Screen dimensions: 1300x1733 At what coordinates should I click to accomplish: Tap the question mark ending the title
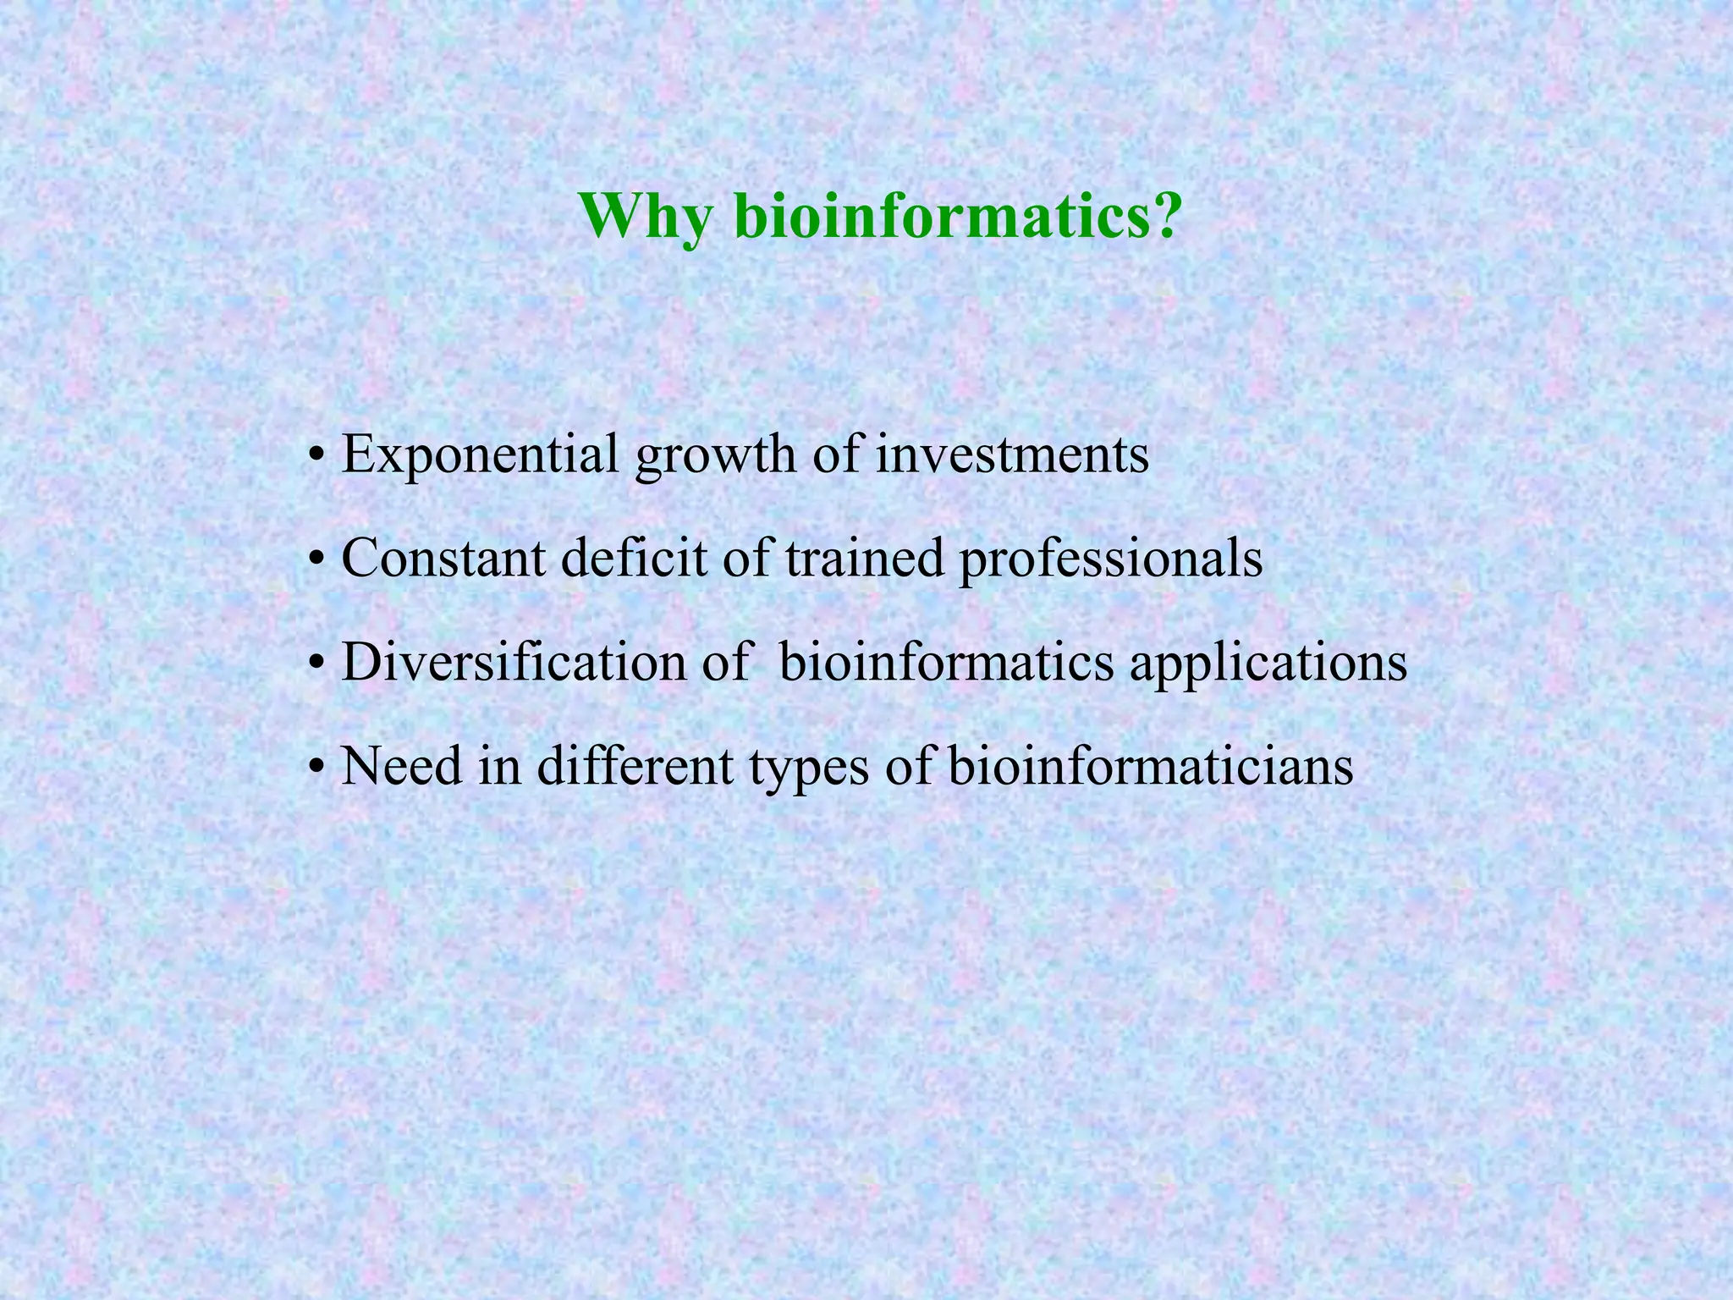tap(1162, 216)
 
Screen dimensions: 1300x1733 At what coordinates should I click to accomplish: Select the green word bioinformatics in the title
tap(938, 216)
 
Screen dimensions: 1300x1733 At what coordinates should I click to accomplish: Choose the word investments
tap(1011, 455)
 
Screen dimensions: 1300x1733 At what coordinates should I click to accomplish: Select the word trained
tap(864, 559)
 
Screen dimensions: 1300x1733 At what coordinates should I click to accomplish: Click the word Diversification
tap(514, 662)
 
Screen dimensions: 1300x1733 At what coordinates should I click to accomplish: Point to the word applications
tap(1268, 664)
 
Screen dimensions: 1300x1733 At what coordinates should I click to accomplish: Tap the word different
tap(635, 766)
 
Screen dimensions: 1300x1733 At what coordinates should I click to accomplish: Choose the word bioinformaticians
tap(1150, 766)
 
